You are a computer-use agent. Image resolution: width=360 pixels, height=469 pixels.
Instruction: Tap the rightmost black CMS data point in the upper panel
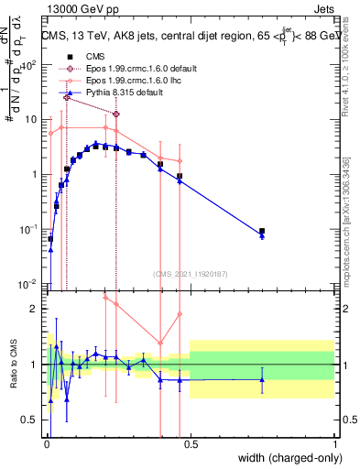[262, 232]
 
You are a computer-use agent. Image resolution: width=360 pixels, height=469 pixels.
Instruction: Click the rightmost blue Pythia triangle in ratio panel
[262, 379]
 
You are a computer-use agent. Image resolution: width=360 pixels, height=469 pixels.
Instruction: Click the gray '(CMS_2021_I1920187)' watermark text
[190, 274]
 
